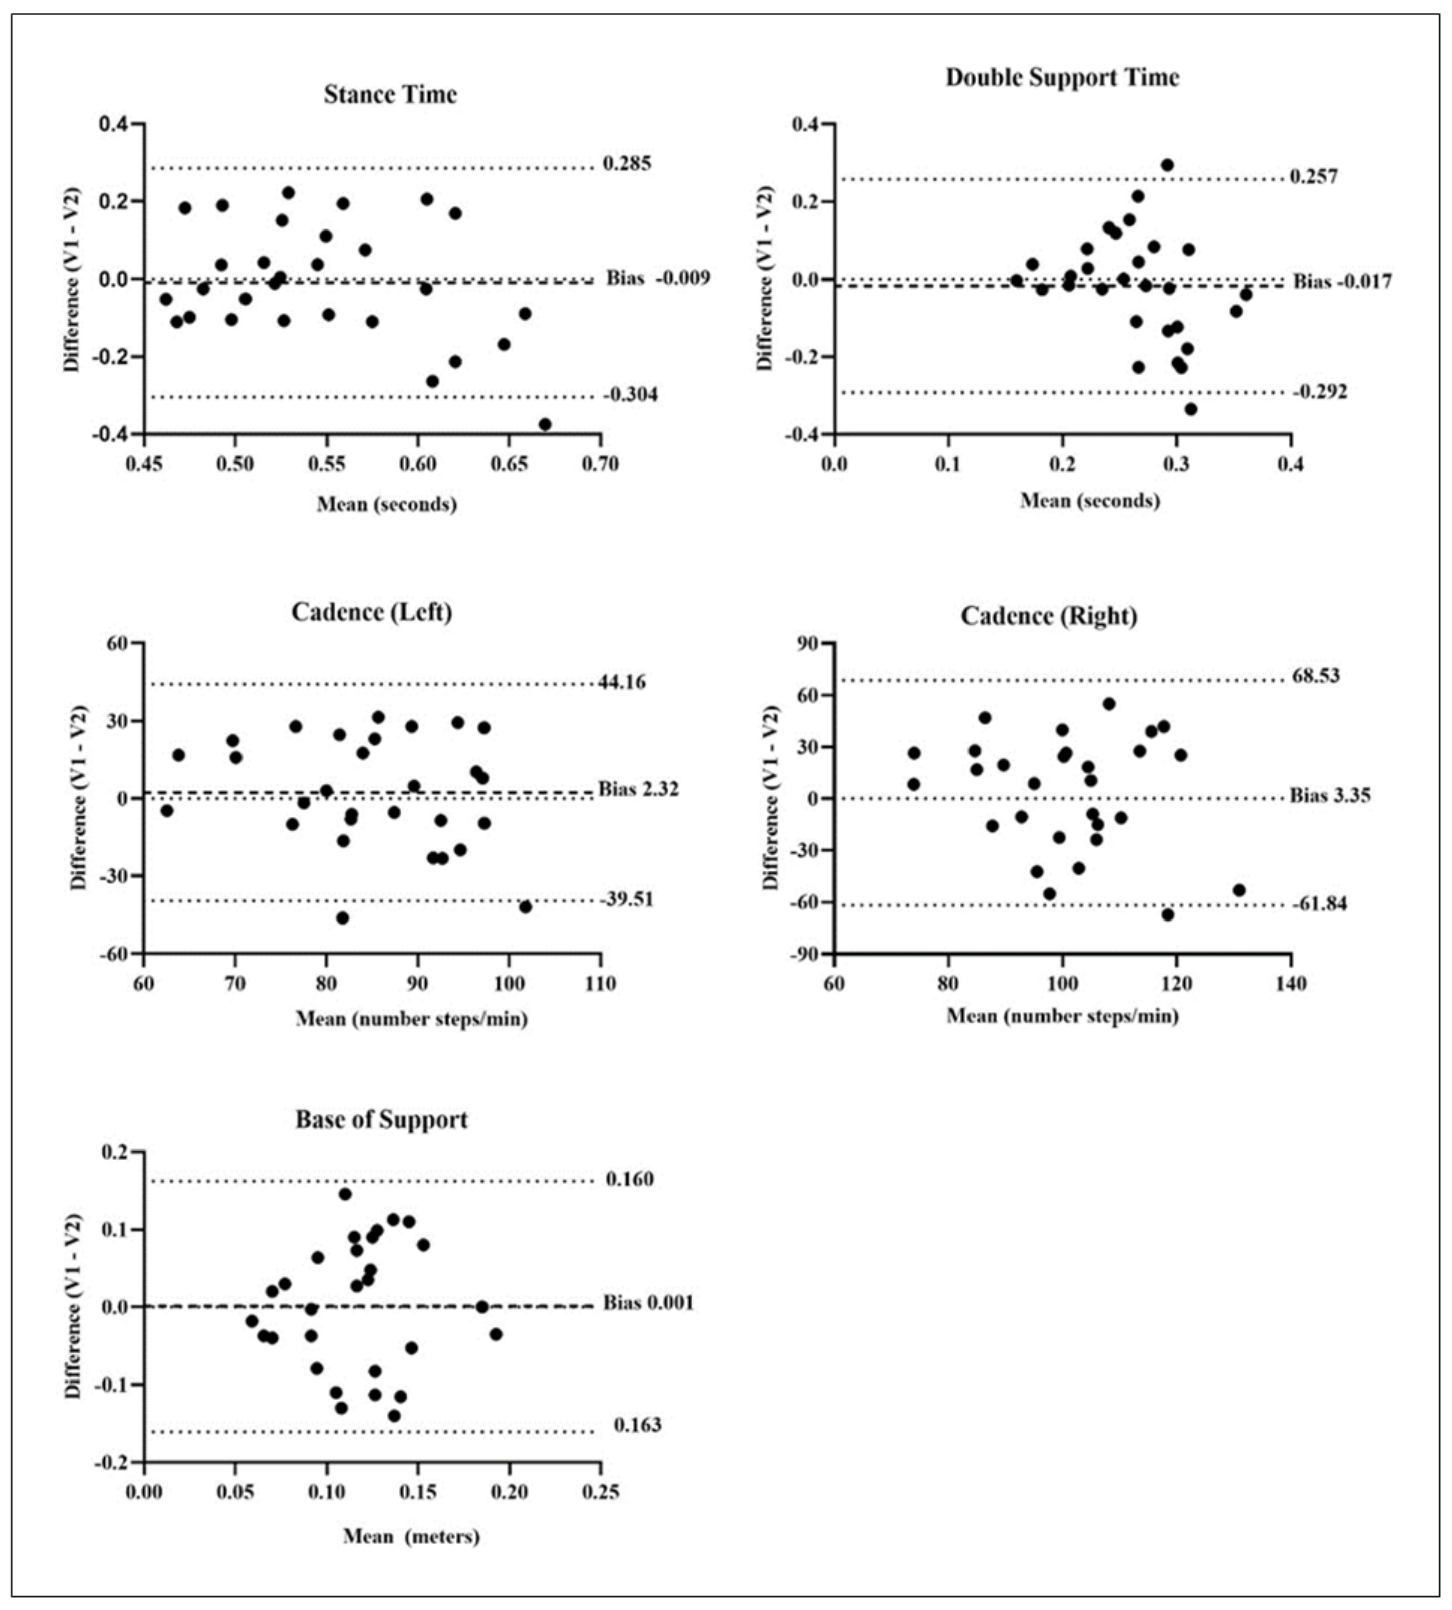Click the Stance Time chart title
(x=390, y=94)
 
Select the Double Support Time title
(x=1062, y=77)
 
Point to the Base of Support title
(x=381, y=1119)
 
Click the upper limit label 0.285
(x=627, y=163)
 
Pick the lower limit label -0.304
(x=630, y=394)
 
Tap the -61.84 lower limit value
(x=1320, y=904)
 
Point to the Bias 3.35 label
(x=1330, y=795)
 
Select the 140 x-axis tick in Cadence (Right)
(x=1291, y=983)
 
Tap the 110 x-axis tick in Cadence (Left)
(x=600, y=983)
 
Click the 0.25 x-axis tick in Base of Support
(x=600, y=1491)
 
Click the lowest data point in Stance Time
(x=545, y=424)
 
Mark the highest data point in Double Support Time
(x=1167, y=165)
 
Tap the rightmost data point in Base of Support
(x=496, y=1334)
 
